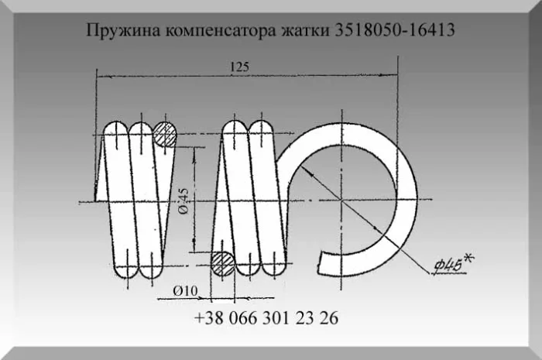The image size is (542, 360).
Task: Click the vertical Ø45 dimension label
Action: click(183, 200)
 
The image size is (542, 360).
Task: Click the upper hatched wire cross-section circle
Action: click(165, 134)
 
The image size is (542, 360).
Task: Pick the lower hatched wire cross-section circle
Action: click(224, 263)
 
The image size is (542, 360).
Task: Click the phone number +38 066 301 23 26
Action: click(266, 319)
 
